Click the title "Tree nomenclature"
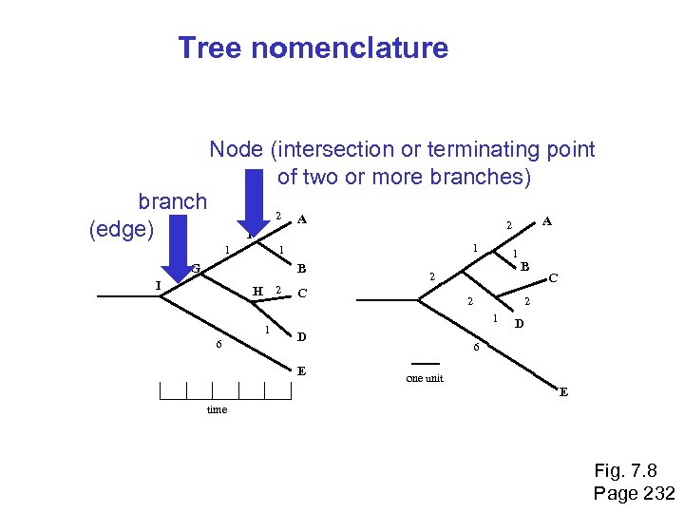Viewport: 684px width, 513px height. (x=313, y=47)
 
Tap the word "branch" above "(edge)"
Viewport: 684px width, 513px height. (x=172, y=201)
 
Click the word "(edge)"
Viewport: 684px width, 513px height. (x=121, y=229)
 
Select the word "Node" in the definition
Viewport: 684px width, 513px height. (x=237, y=149)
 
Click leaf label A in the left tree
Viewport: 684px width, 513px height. (x=301, y=219)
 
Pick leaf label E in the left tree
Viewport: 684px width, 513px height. (x=301, y=370)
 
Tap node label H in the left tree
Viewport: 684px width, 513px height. (x=256, y=291)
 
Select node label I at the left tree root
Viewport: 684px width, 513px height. (x=159, y=286)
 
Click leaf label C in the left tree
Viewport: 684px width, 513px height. (x=301, y=293)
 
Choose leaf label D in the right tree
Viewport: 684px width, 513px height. (x=520, y=325)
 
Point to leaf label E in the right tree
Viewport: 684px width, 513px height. (x=563, y=391)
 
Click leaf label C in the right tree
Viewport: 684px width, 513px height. (x=554, y=278)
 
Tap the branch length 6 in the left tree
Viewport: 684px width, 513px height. (x=218, y=344)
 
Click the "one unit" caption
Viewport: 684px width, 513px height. (x=425, y=378)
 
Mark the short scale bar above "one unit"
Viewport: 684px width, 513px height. (x=425, y=364)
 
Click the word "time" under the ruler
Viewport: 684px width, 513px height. (x=218, y=409)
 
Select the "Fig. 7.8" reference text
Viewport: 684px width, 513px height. (x=625, y=471)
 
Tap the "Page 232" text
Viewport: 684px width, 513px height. (x=634, y=493)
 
